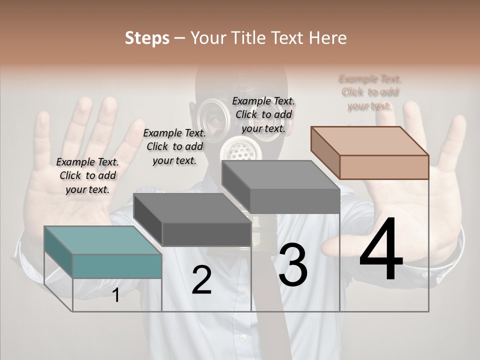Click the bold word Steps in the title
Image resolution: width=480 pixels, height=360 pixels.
tap(147, 38)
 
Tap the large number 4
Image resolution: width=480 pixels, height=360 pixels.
tap(381, 250)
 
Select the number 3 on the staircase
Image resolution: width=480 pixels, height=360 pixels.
tap(292, 265)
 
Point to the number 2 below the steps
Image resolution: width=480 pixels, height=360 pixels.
tap(201, 280)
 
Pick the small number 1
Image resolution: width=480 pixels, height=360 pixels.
tap(115, 295)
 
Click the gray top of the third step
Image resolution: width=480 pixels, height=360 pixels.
tap(280, 175)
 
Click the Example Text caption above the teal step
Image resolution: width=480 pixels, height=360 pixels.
tap(87, 175)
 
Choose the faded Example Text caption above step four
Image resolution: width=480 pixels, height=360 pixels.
tap(370, 92)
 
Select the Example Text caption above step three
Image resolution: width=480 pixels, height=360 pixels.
tap(263, 114)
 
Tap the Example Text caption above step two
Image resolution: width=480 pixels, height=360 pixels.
tap(174, 146)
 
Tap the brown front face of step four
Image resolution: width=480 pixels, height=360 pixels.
tap(384, 167)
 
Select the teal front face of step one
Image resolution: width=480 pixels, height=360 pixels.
tap(117, 266)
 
